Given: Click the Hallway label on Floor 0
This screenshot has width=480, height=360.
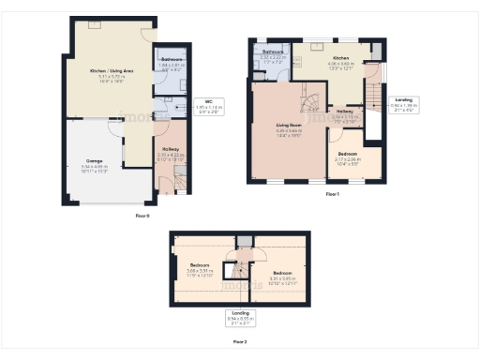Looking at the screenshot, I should (171, 149).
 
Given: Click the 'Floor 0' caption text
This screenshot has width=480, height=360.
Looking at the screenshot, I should (142, 215).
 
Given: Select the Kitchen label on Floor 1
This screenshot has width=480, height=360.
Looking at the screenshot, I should (340, 59).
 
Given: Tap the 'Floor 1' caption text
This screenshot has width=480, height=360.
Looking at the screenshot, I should (332, 194).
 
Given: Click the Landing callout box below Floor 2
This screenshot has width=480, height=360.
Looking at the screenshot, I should (240, 318).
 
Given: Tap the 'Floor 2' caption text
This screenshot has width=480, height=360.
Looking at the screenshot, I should (240, 342).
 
